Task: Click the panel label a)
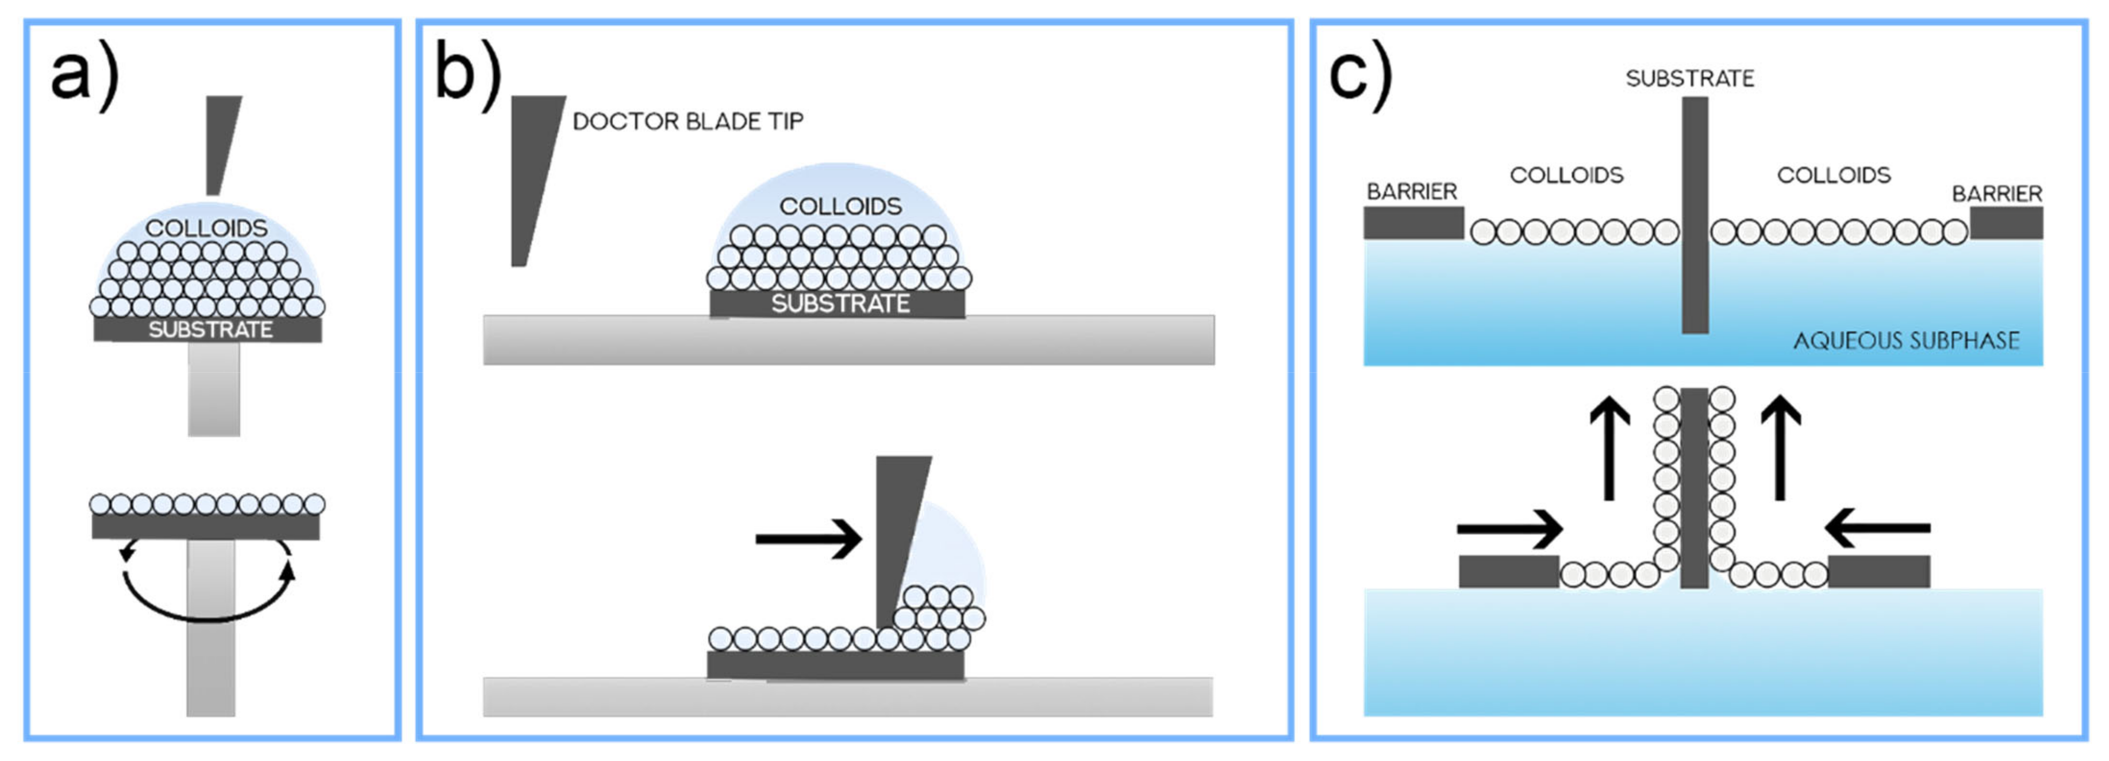(x=84, y=76)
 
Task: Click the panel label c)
(x=1360, y=76)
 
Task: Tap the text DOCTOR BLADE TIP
(x=688, y=122)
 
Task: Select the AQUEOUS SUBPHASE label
(x=1906, y=340)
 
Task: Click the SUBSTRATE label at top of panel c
(x=1690, y=79)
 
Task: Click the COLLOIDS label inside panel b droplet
(x=840, y=206)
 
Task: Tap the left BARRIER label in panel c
(x=1411, y=191)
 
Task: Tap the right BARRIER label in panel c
(x=1997, y=194)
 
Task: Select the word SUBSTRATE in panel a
(x=210, y=330)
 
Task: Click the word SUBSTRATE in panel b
(x=840, y=303)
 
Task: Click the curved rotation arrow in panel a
(x=206, y=610)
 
